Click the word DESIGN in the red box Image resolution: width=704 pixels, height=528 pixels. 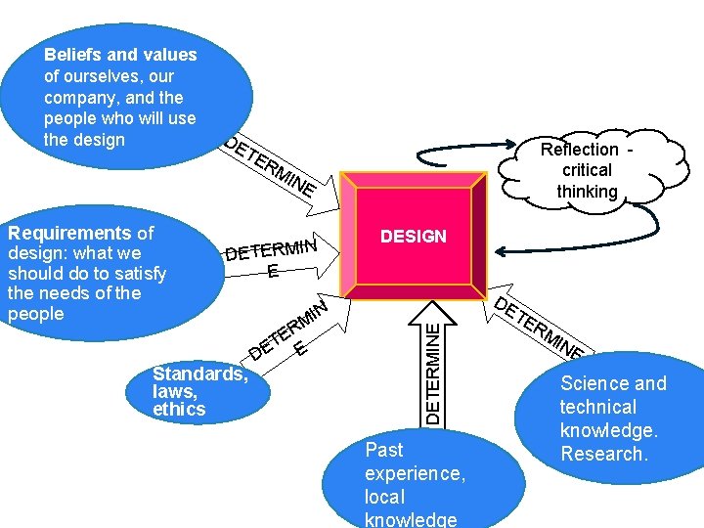(x=413, y=237)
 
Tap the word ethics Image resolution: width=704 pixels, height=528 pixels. (x=179, y=410)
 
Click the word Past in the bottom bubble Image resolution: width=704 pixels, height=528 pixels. (x=383, y=450)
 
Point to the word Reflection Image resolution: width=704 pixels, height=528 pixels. (x=580, y=150)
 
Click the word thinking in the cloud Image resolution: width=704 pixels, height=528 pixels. (x=587, y=192)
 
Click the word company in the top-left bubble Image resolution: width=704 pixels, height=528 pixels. (x=77, y=98)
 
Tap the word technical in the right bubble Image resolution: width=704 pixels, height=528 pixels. (x=597, y=407)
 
